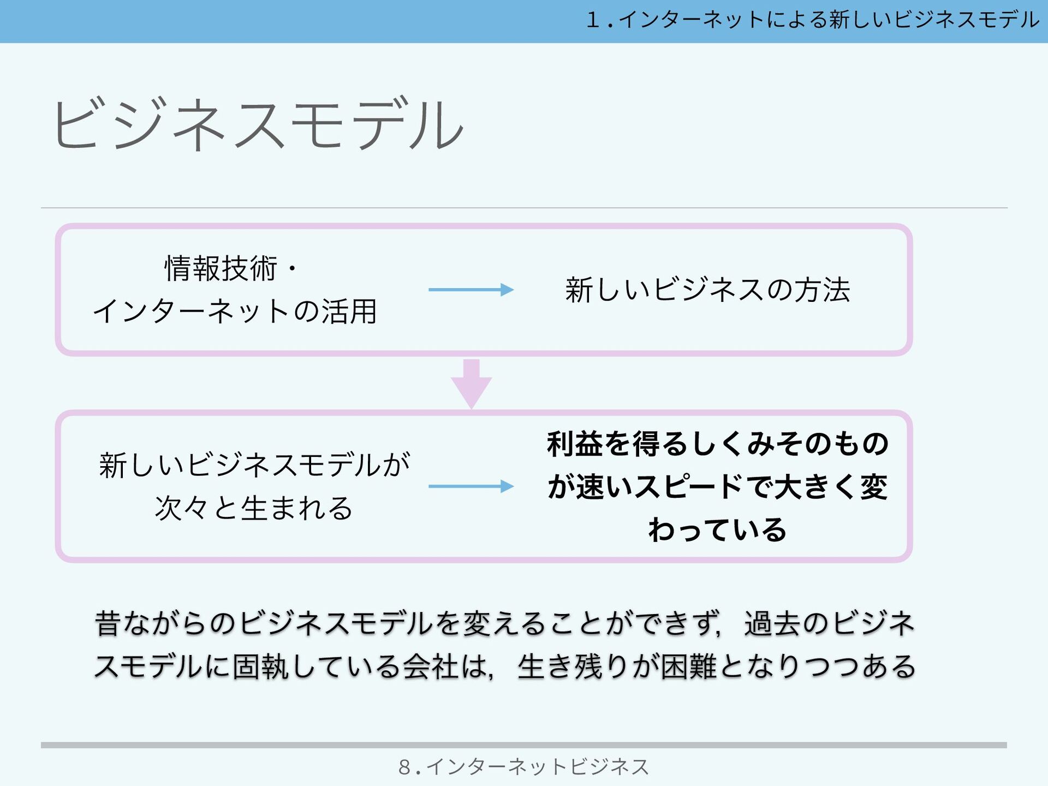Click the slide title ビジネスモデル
[x=258, y=124]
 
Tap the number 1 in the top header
[x=593, y=21]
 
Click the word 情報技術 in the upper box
[x=221, y=269]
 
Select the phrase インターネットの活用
[x=235, y=312]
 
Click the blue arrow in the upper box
[x=471, y=290]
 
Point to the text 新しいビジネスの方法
[x=707, y=290]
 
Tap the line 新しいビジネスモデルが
[x=254, y=466]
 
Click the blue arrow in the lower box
[x=471, y=486]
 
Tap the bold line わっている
[x=717, y=530]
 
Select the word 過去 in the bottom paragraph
[x=772, y=624]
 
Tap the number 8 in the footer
[x=404, y=767]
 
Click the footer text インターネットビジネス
[x=538, y=767]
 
